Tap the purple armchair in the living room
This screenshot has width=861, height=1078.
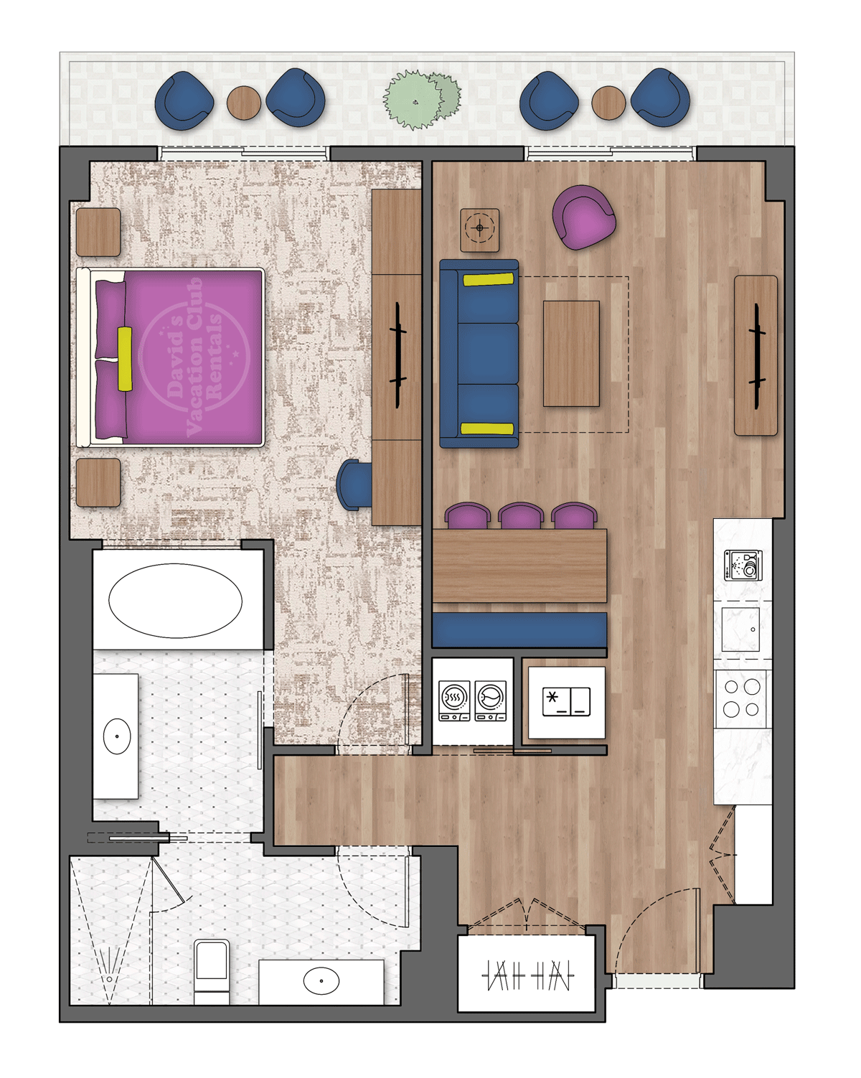pyautogui.click(x=583, y=217)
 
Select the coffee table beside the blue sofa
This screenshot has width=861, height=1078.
pyautogui.click(x=571, y=353)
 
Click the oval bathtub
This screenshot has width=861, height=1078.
pyautogui.click(x=176, y=601)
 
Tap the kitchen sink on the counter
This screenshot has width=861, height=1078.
pyautogui.click(x=740, y=629)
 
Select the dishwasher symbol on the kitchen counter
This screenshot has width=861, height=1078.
pyautogui.click(x=743, y=564)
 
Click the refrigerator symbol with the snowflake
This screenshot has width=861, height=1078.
pyautogui.click(x=566, y=702)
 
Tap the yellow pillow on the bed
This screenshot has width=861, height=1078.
pyautogui.click(x=125, y=358)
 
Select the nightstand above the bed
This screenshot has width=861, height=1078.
pyautogui.click(x=98, y=232)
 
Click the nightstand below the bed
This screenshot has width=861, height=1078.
pyautogui.click(x=98, y=482)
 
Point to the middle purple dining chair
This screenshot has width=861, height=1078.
pyautogui.click(x=521, y=515)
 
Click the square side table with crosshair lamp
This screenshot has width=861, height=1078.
pyautogui.click(x=479, y=230)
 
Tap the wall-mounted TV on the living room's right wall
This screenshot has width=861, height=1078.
pyautogui.click(x=756, y=355)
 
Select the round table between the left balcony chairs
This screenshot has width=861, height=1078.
pyautogui.click(x=243, y=103)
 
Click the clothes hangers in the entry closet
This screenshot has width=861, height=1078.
pyautogui.click(x=527, y=975)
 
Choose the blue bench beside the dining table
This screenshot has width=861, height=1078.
pyautogui.click(x=519, y=629)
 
